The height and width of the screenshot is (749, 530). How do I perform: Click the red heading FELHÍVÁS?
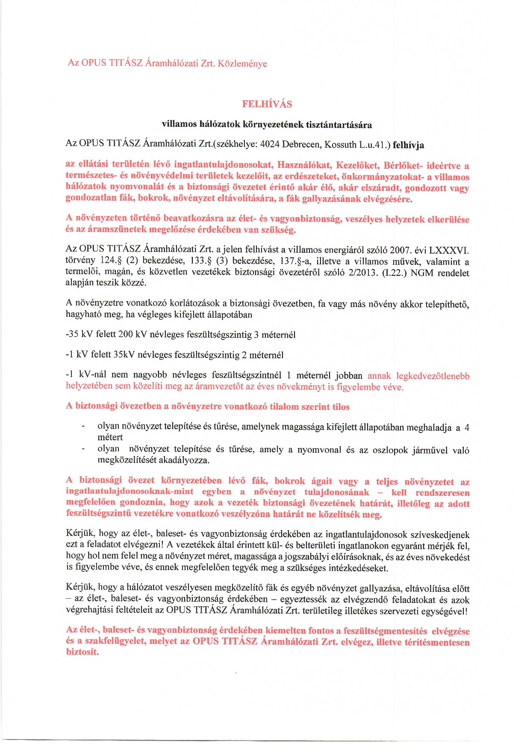(267, 104)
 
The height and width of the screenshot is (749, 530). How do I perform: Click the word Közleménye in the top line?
(242, 64)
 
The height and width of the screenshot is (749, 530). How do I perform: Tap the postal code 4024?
(270, 144)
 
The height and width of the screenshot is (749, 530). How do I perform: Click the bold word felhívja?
(408, 145)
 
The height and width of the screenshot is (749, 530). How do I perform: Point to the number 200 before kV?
(125, 334)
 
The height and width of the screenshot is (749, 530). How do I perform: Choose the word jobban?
(349, 376)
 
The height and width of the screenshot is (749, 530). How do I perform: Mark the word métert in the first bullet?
(110, 437)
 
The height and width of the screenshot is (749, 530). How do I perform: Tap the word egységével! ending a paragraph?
(446, 611)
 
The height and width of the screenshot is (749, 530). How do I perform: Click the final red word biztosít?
(82, 652)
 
